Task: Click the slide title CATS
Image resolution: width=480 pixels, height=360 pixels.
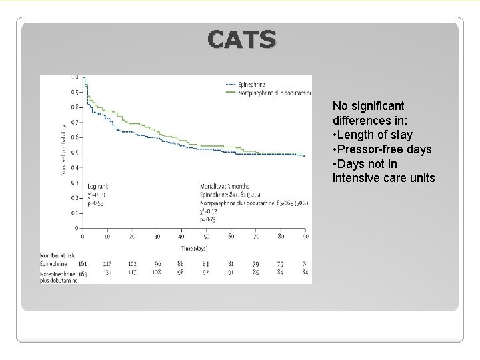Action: click(x=241, y=41)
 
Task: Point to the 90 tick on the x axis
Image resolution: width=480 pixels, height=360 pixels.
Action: click(x=305, y=237)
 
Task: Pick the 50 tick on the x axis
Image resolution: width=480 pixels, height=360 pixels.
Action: click(x=206, y=237)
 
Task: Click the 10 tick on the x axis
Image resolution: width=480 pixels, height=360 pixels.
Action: click(x=107, y=237)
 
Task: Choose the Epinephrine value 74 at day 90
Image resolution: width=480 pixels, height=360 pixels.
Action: click(x=304, y=265)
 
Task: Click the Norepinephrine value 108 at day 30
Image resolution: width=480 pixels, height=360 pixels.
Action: click(x=157, y=272)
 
